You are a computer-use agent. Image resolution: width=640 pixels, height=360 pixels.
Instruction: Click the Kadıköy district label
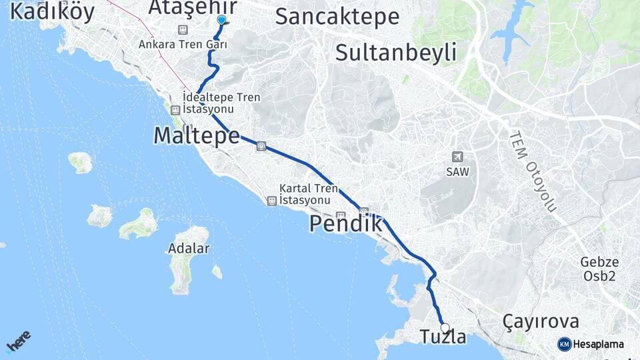(x=53, y=11)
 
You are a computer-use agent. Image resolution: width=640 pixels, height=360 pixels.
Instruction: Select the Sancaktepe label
(x=337, y=17)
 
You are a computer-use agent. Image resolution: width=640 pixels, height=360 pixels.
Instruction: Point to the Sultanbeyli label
(x=396, y=52)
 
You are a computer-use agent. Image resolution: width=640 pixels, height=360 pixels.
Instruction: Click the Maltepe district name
(x=197, y=135)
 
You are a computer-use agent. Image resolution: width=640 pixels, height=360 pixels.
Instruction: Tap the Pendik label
(x=346, y=224)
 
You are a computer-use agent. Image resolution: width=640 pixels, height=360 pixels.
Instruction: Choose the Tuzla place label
(x=443, y=337)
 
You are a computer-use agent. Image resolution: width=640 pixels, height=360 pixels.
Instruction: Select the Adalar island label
(x=189, y=249)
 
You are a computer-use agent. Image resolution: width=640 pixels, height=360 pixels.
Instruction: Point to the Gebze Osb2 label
(x=599, y=269)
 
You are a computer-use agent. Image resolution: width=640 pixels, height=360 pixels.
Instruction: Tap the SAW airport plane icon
(x=457, y=157)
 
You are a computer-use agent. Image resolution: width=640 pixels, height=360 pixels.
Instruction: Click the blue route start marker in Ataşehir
(x=221, y=20)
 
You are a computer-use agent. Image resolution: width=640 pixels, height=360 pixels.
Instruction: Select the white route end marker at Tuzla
(x=445, y=327)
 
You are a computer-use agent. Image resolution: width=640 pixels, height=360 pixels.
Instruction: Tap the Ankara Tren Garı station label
(x=183, y=45)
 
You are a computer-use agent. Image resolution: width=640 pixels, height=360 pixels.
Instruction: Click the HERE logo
(x=18, y=341)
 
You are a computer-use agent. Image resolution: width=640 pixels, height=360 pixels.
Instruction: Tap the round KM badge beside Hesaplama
(x=564, y=344)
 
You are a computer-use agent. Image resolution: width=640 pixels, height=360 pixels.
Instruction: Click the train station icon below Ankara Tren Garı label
(x=183, y=30)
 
